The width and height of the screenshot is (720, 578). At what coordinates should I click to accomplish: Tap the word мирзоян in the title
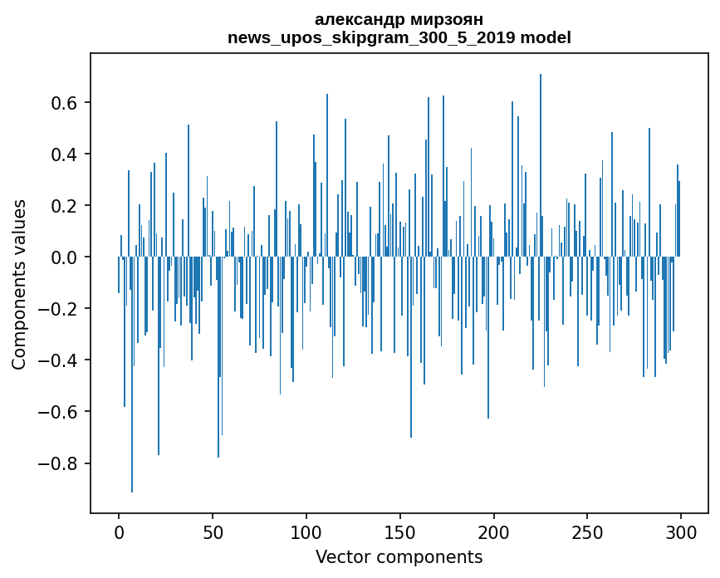pyautogui.click(x=439, y=19)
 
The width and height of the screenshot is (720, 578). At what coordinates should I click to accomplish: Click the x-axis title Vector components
pyautogui.click(x=399, y=556)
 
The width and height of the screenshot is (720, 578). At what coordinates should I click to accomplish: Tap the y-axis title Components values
pyautogui.click(x=19, y=284)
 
